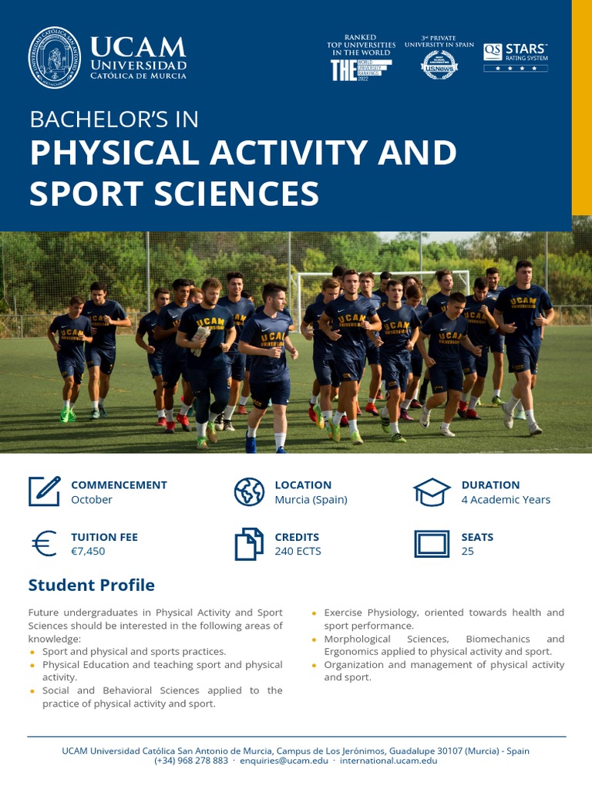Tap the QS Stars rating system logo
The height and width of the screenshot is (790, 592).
point(516,57)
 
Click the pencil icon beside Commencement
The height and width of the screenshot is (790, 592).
point(45,491)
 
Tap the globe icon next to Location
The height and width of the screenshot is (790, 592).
point(249,491)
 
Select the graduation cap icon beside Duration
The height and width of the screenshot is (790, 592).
point(432,491)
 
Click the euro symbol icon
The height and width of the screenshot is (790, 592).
point(45,544)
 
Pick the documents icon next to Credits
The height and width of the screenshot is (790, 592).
point(249,544)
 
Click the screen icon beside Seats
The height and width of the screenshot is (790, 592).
point(432,544)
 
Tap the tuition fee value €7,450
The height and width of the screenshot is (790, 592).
point(88,551)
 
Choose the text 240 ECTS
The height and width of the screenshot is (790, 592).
point(298,551)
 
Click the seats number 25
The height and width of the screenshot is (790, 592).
point(468,551)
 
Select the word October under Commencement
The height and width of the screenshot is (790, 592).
point(92,499)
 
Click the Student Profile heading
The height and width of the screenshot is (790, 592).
point(91,585)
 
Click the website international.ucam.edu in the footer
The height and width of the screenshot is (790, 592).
point(388,760)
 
